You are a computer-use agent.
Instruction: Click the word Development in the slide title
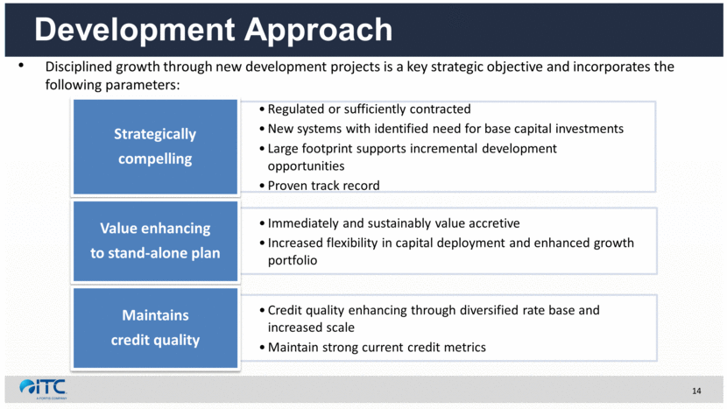click(135, 30)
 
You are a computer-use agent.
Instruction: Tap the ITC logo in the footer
click(43, 389)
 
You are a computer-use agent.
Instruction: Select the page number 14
click(696, 391)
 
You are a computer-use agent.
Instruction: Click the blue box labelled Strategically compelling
click(155, 146)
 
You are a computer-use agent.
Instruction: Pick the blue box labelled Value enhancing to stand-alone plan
click(155, 241)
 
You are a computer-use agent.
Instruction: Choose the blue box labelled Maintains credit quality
click(155, 328)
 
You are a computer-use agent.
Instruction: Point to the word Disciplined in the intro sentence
click(78, 67)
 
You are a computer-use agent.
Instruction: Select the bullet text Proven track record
click(323, 186)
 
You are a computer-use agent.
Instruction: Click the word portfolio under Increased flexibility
click(293, 261)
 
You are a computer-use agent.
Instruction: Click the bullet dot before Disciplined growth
click(21, 66)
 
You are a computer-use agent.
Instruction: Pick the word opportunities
click(306, 166)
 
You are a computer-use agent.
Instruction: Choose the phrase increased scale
click(311, 328)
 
